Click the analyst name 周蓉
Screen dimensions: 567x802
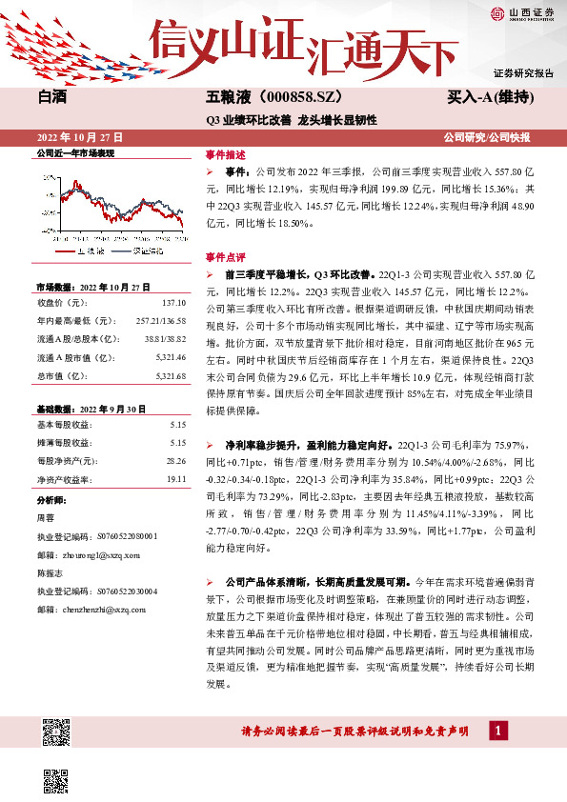coord(45,518)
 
